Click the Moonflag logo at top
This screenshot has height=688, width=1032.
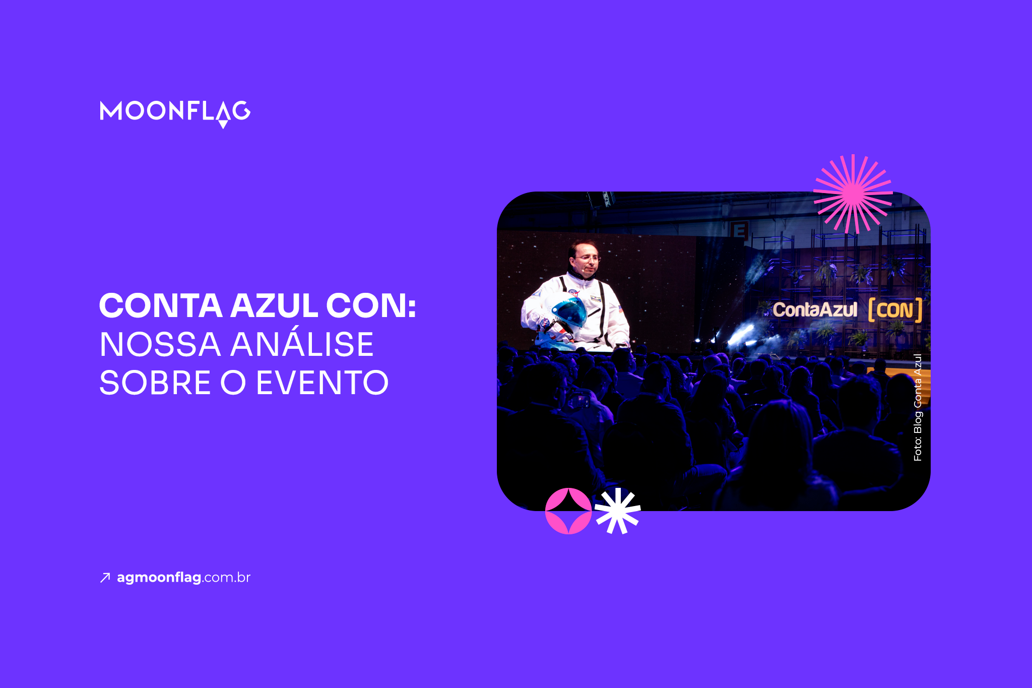coord(175,112)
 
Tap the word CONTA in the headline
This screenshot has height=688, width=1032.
coord(161,306)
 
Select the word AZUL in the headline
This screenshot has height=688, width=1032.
coord(274,306)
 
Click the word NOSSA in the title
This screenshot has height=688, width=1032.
coord(160,345)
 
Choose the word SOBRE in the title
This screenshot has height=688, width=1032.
coord(155,383)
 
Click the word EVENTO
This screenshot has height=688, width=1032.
coord(322,383)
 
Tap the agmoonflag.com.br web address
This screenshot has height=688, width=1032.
coord(183,578)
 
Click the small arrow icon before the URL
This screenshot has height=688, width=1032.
coord(105,578)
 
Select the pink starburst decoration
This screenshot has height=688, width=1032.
coord(853,194)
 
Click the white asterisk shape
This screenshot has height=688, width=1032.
coord(617,511)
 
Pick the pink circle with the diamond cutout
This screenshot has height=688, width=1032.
coord(568,511)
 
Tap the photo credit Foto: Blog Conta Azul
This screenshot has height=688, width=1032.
coord(918,407)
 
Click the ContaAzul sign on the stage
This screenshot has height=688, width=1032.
coord(814,309)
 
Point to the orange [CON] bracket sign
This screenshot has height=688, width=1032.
coord(895,310)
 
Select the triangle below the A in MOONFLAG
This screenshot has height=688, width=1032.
coord(223,124)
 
